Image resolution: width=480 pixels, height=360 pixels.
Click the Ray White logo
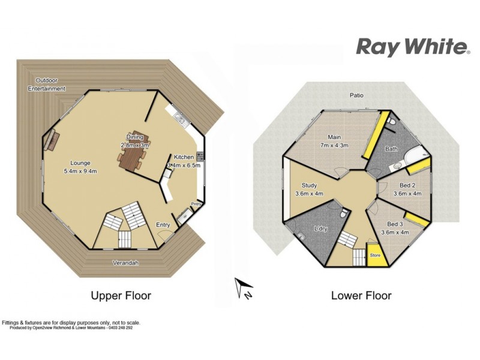[x=413, y=46]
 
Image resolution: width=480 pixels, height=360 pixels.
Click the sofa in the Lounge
[x=50, y=140]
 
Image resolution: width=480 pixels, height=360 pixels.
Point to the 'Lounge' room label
[x=80, y=163]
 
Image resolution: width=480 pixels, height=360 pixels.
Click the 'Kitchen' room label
[x=184, y=157]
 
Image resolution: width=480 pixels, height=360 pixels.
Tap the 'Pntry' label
[x=196, y=204]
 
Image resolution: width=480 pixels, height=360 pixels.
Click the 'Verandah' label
[x=125, y=263]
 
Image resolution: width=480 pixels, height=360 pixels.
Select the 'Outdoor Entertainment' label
[x=47, y=85]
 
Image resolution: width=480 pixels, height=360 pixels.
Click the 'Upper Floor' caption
[x=121, y=295]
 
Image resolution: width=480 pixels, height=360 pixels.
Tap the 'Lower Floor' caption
[x=361, y=295]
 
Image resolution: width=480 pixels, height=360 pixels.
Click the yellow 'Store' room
[x=375, y=255]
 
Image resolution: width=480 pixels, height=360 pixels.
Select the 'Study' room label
[x=310, y=185]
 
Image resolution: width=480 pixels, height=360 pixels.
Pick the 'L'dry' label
[x=320, y=229]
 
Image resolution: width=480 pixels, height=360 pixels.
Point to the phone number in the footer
[x=119, y=328]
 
